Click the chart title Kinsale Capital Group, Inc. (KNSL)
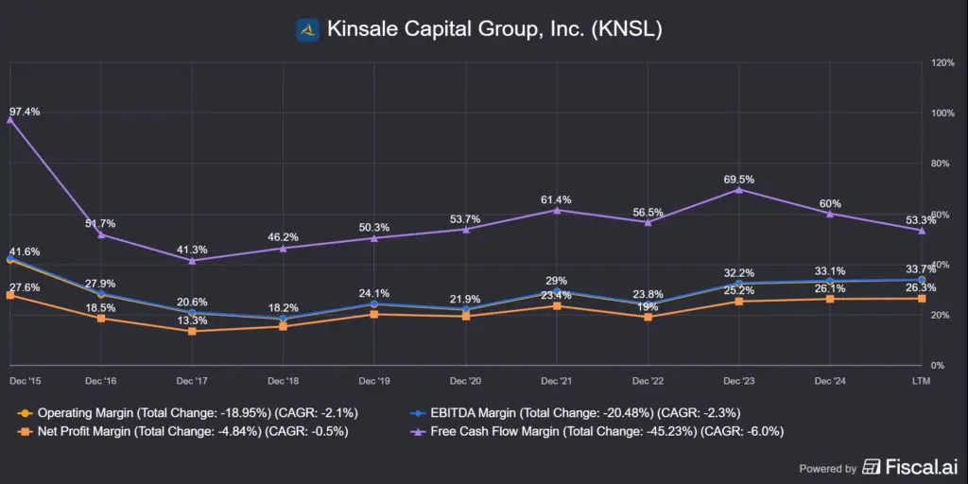tap(494, 30)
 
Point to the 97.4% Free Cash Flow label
tap(24, 112)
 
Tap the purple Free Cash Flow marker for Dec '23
tap(739, 190)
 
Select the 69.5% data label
tap(739, 178)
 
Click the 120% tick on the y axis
tap(942, 62)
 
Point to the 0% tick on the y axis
tap(939, 365)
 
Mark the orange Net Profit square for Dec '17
tap(193, 331)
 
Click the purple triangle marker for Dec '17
tap(193, 260)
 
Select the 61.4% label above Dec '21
tap(557, 199)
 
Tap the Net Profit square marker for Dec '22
tap(648, 317)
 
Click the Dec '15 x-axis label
tap(19, 380)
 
